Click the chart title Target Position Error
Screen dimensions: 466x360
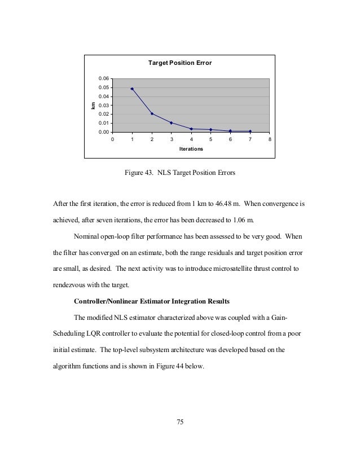(x=179, y=63)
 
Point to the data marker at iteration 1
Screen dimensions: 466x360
(x=132, y=89)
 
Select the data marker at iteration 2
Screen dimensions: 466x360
(x=152, y=113)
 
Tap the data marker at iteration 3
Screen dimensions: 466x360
(x=171, y=122)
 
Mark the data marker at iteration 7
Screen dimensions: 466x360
(x=250, y=131)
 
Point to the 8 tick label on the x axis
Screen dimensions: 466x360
(x=270, y=139)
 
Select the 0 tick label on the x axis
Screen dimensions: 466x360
(x=112, y=139)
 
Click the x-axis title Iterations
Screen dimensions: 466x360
(x=191, y=149)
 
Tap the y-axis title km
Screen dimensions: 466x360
(x=93, y=105)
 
